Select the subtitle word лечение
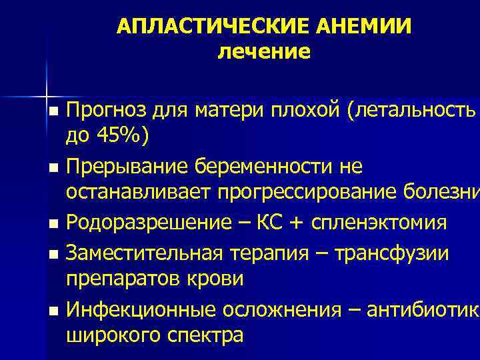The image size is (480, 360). pos(264,51)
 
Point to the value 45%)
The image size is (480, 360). pos(119,135)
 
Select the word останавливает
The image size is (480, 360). pos(137,193)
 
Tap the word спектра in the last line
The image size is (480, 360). pos(203,335)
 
